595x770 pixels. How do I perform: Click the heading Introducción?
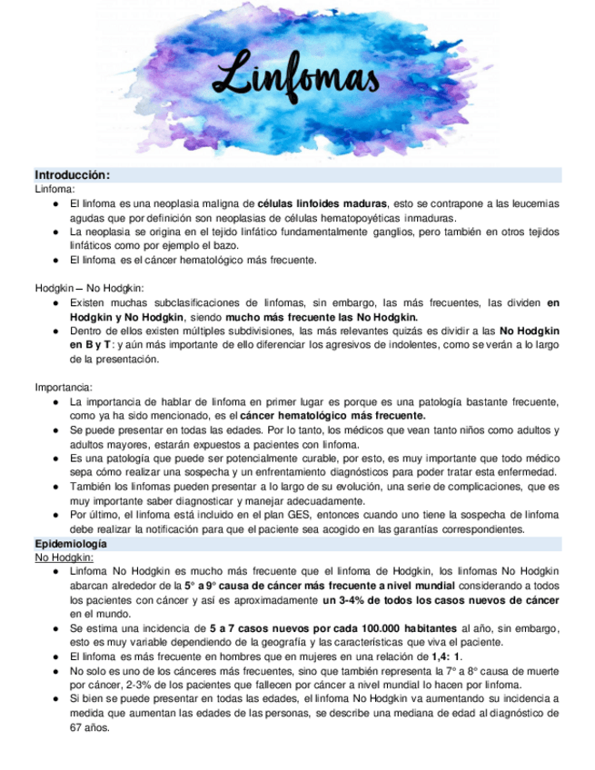73,174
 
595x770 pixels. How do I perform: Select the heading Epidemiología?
70,543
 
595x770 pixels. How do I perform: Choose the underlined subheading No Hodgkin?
64,557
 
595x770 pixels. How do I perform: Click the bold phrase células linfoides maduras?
322,203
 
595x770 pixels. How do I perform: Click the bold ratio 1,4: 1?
446,656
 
